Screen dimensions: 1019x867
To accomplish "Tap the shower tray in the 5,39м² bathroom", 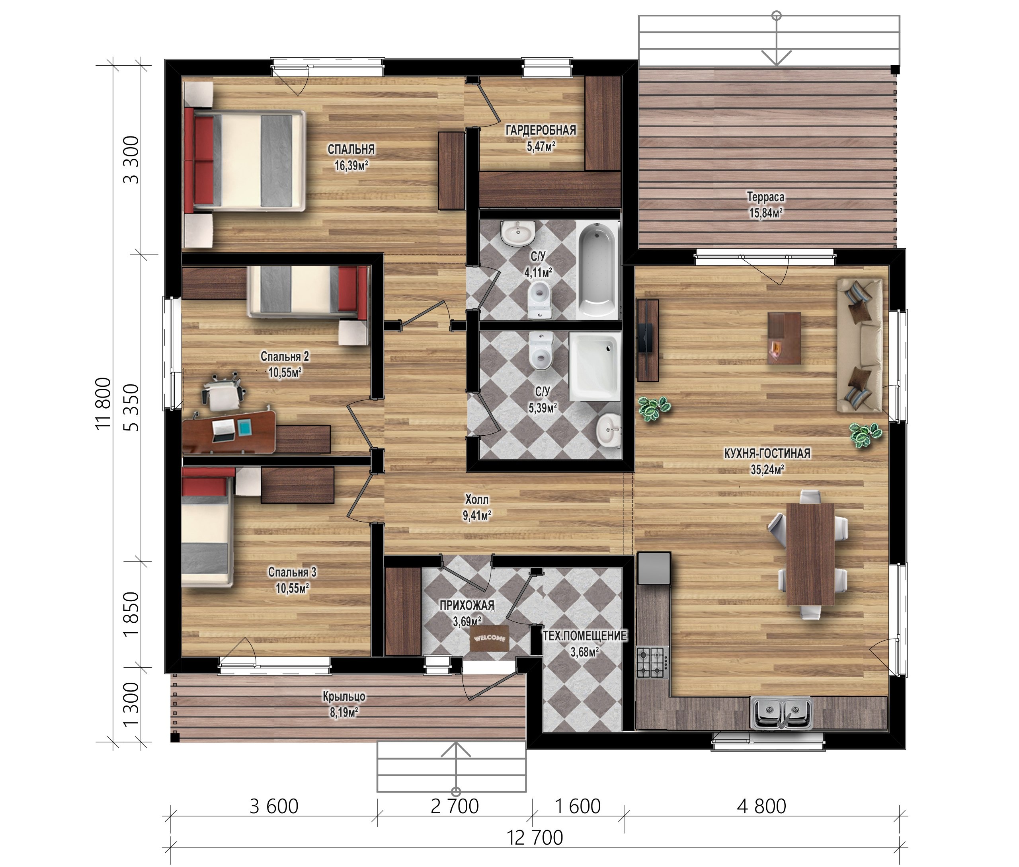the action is (x=594, y=366).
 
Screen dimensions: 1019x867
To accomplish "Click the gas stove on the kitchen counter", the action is (x=652, y=663).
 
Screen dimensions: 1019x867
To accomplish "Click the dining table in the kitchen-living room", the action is (x=810, y=554).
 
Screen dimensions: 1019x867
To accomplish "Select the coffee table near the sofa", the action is (x=784, y=338).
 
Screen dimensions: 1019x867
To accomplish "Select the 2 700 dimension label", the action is (x=455, y=806).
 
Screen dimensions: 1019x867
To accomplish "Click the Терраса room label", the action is (x=766, y=197).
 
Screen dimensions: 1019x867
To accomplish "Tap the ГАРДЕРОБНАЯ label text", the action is (x=541, y=130).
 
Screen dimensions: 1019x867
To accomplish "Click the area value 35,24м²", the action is (x=767, y=470).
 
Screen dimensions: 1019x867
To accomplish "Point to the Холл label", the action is (x=477, y=499).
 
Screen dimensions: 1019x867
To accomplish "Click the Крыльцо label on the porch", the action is (x=344, y=696).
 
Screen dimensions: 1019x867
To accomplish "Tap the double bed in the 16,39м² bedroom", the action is (x=244, y=161).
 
